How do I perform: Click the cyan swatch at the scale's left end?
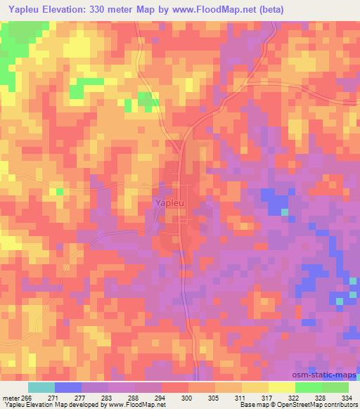[41, 387]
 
